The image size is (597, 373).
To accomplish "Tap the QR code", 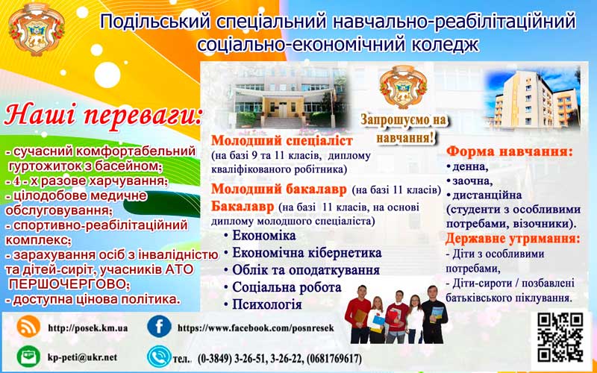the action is click(560, 337).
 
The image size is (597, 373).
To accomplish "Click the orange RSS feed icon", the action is click(28, 327).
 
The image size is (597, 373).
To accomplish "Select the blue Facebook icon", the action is click(159, 327).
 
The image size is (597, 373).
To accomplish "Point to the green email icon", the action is click(28, 357).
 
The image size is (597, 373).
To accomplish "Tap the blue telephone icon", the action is click(159, 357).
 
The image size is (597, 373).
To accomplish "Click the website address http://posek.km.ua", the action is click(87, 328).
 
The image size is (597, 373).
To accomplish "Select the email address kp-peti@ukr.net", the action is click(82, 358).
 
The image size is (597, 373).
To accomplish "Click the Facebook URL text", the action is click(256, 328).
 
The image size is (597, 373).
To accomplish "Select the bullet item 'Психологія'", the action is click(267, 304).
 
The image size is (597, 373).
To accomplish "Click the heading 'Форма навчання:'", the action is click(510, 151).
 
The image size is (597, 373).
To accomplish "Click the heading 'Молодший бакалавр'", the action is click(279, 189).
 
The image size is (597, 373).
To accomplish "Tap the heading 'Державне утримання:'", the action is click(513, 239).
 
